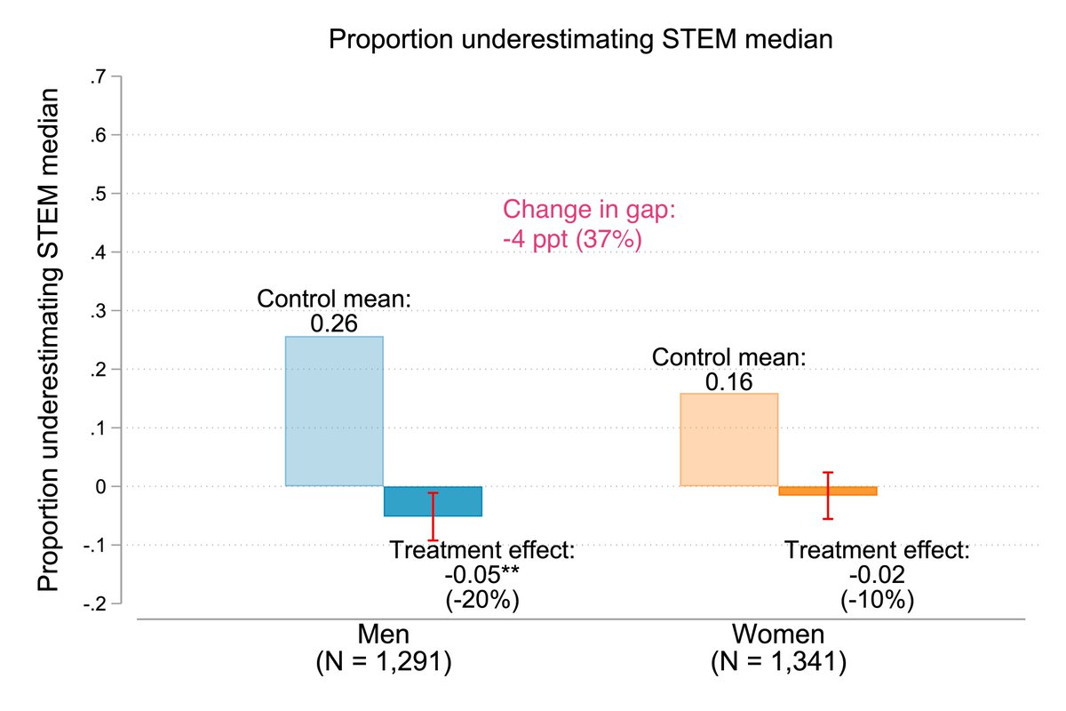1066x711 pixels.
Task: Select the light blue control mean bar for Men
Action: [x=334, y=411]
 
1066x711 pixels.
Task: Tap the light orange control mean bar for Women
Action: [x=728, y=439]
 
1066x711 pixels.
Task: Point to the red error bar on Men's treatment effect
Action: [x=433, y=516]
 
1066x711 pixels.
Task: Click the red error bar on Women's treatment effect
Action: [x=828, y=495]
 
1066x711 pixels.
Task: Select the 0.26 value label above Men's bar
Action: [x=334, y=324]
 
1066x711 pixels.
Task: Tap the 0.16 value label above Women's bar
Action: [x=728, y=382]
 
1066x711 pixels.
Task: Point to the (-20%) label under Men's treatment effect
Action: [x=481, y=600]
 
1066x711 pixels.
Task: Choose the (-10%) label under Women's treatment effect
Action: [x=877, y=600]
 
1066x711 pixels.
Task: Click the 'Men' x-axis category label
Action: [x=383, y=635]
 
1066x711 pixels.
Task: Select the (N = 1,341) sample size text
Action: [x=779, y=662]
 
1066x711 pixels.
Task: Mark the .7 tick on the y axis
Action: [x=98, y=77]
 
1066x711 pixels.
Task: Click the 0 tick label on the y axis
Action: [x=101, y=487]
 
